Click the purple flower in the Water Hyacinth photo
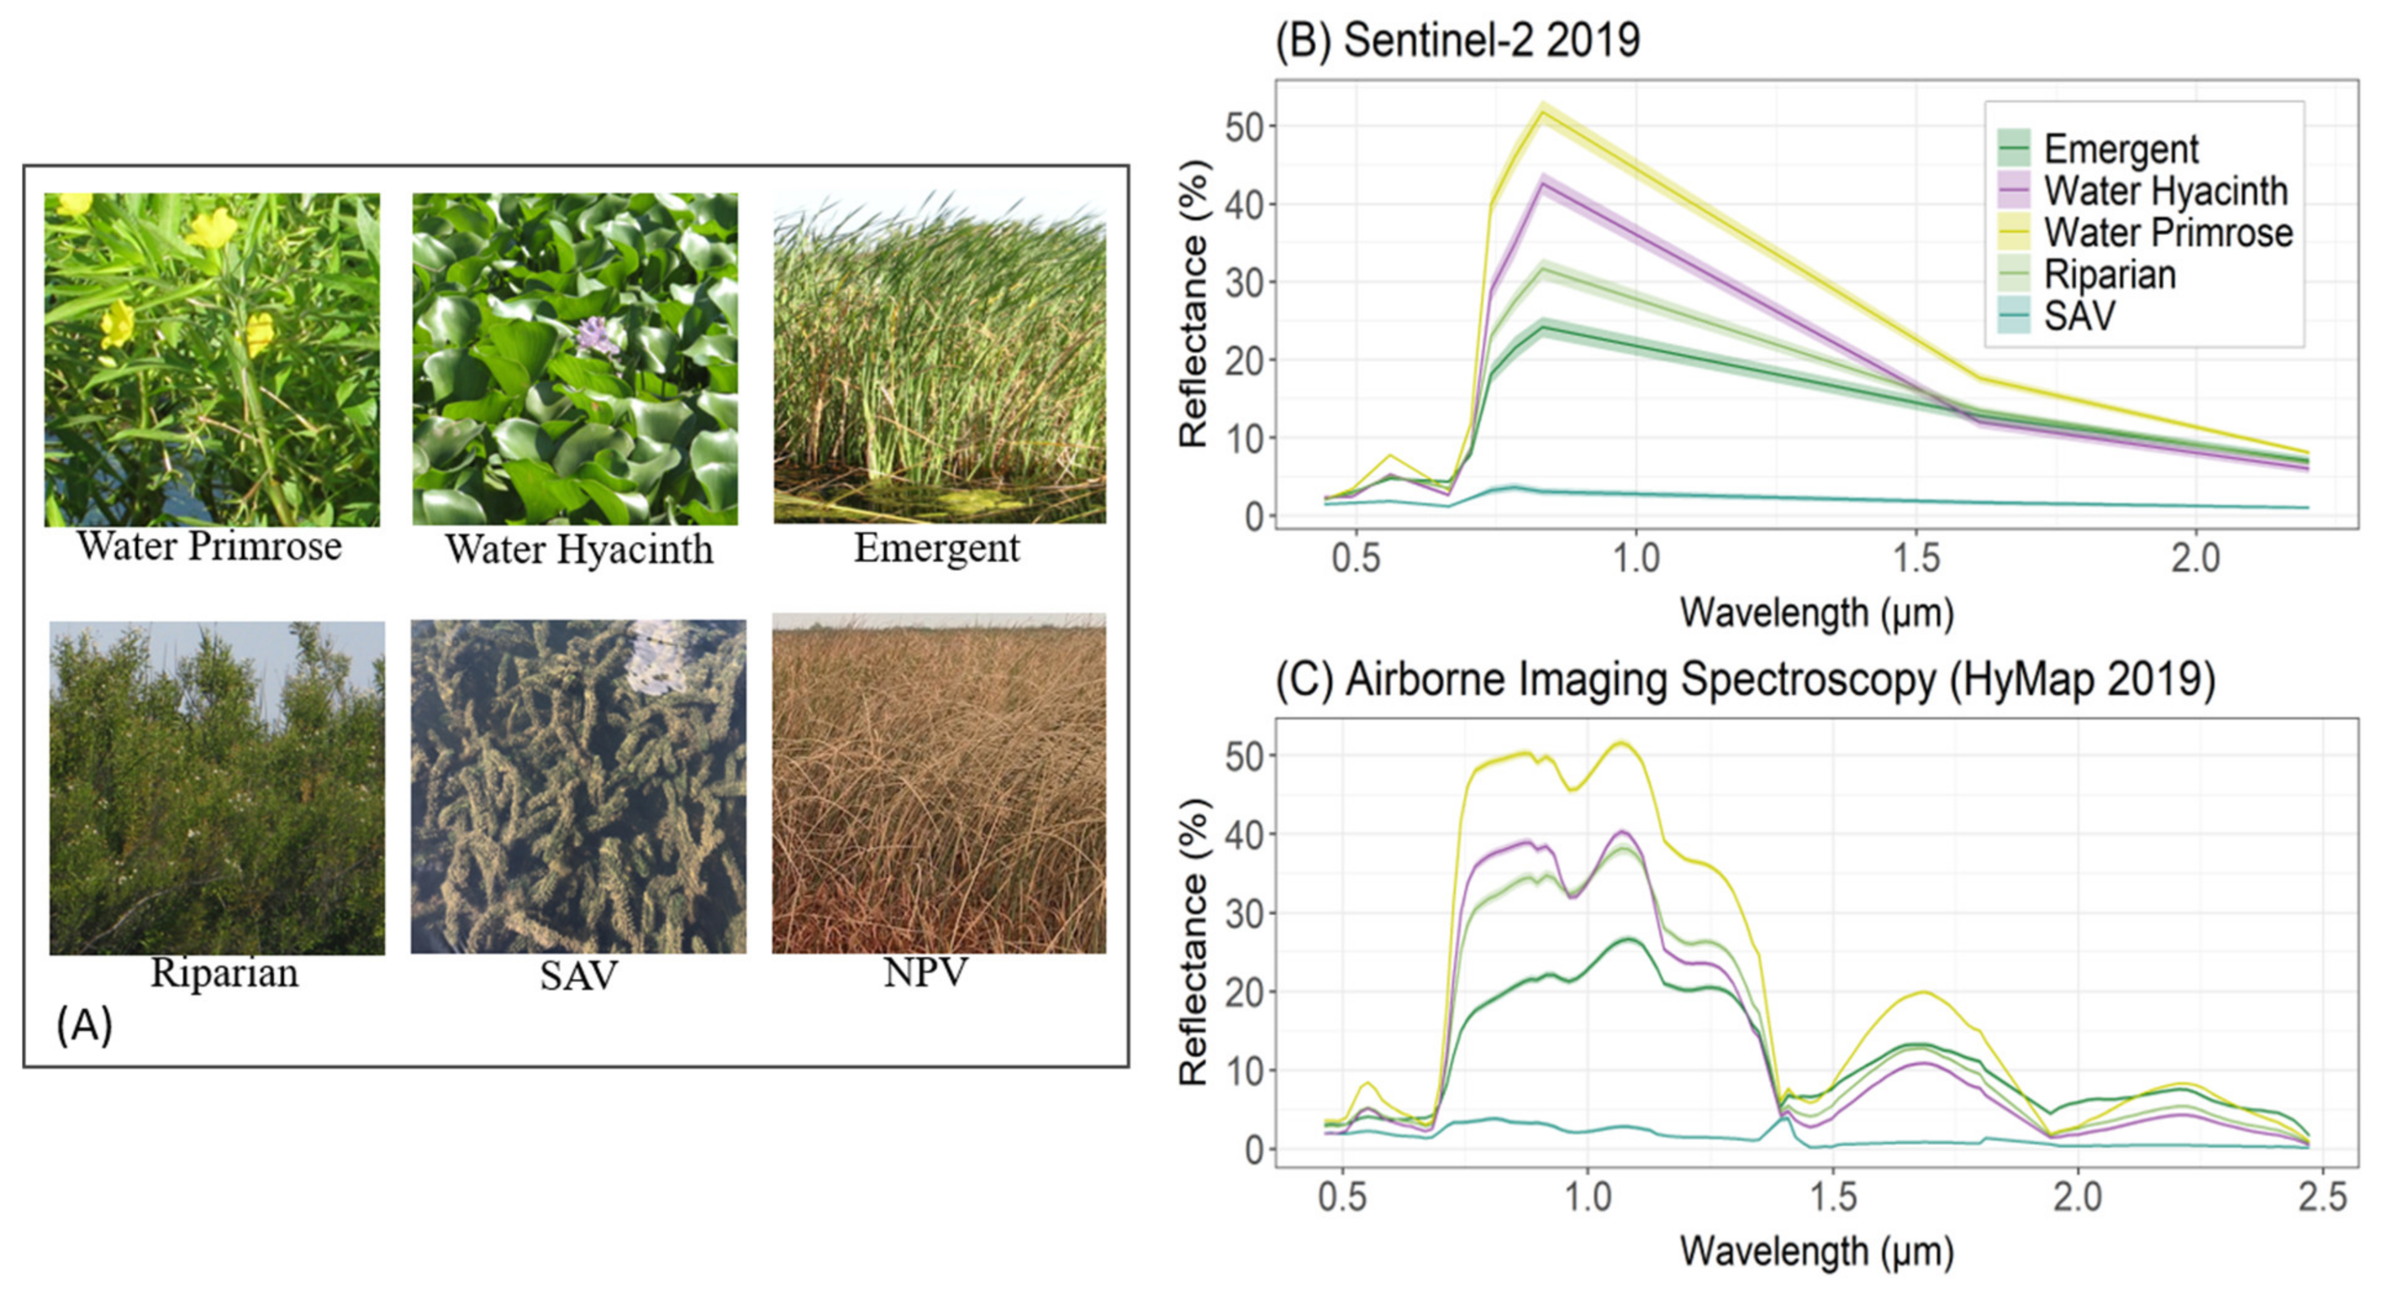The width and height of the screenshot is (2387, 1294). [x=598, y=336]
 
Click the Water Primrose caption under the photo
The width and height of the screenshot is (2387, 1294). [x=209, y=546]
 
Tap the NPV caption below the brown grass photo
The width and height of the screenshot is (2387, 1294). [x=925, y=972]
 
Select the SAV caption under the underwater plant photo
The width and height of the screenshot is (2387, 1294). [x=578, y=975]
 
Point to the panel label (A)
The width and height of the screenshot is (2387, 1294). [x=85, y=1025]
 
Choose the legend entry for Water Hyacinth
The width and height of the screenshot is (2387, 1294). [x=2165, y=191]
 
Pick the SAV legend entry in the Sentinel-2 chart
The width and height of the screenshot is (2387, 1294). [x=2079, y=316]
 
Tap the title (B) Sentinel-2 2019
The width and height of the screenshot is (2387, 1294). [x=1456, y=40]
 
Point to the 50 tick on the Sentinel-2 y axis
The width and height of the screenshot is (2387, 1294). [x=1245, y=127]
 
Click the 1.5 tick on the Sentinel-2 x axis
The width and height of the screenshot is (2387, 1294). [x=1916, y=558]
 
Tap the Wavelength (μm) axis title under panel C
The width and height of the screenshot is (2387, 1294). [x=1816, y=1251]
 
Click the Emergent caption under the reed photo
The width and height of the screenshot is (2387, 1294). [x=936, y=548]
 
